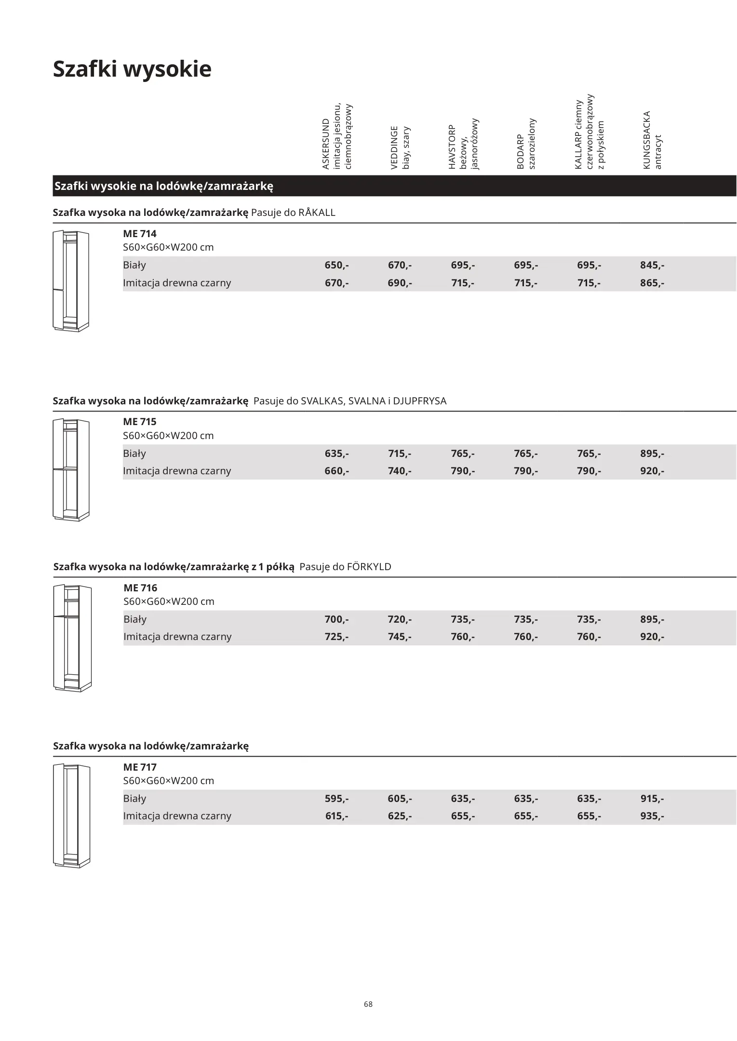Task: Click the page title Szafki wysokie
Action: click(132, 69)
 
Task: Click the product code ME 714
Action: click(140, 234)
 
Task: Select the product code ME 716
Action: click(140, 587)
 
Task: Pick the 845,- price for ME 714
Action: click(652, 265)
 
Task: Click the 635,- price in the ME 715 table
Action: click(336, 454)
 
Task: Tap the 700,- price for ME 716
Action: click(336, 619)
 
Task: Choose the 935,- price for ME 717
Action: click(652, 816)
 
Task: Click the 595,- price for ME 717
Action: click(336, 799)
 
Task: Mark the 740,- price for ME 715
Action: click(400, 471)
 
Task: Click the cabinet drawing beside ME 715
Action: click(71, 470)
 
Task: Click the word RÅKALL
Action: click(317, 213)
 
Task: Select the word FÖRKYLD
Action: click(369, 567)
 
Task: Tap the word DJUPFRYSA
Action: click(420, 401)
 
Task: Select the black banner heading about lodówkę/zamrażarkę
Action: click(164, 187)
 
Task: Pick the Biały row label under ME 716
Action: click(135, 619)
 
